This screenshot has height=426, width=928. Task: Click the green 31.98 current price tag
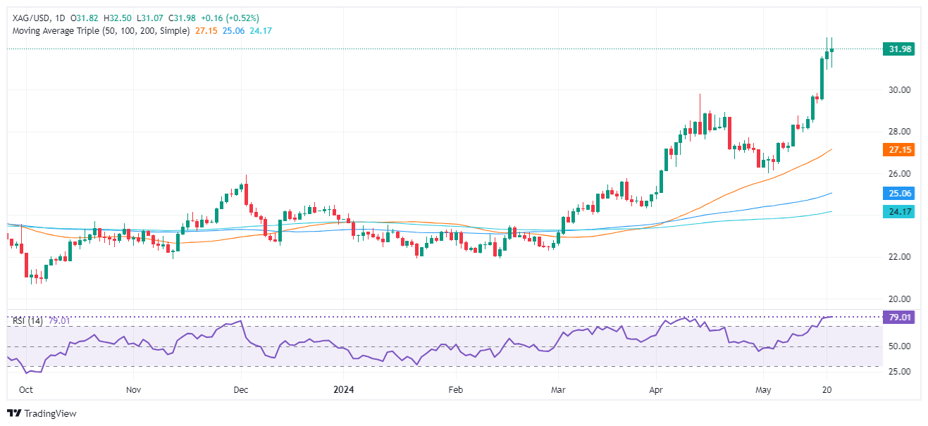(898, 49)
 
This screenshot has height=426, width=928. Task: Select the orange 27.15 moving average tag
(898, 150)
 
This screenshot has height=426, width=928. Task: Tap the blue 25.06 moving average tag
(898, 193)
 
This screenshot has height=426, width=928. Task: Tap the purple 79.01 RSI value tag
(898, 317)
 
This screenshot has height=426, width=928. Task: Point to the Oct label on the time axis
(25, 389)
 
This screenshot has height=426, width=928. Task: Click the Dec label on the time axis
(240, 389)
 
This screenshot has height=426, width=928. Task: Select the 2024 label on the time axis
(343, 389)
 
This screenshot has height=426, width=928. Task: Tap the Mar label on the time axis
(558, 389)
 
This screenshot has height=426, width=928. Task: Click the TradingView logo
(42, 413)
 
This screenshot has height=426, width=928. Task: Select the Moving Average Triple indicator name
(101, 31)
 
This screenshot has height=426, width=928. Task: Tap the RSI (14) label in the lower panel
(27, 321)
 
